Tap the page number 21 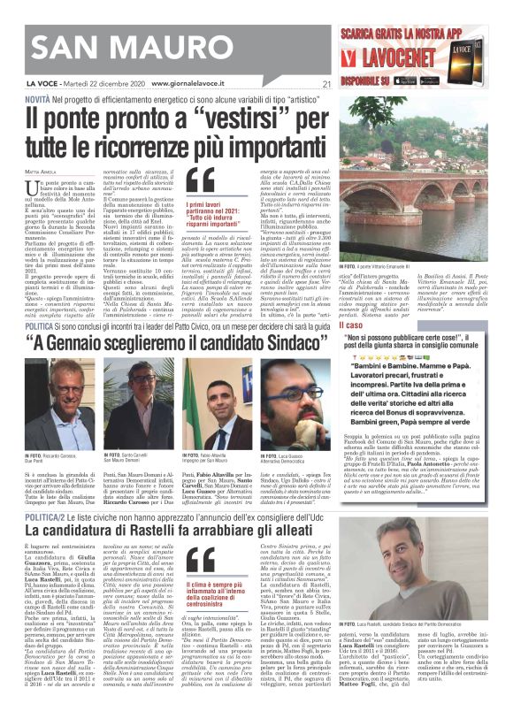click(x=326, y=85)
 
